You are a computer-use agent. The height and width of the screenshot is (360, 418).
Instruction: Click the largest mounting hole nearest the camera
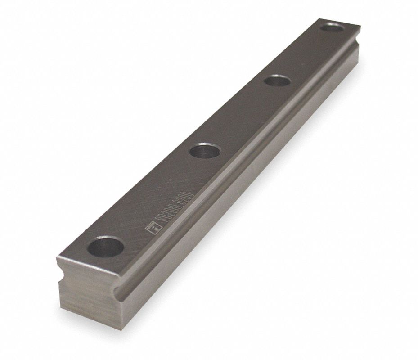click(105, 247)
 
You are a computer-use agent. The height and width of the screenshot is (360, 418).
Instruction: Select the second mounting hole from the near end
click(205, 150)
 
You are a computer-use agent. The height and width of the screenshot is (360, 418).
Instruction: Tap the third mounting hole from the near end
click(277, 81)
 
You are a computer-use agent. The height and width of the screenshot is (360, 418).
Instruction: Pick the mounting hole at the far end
click(332, 27)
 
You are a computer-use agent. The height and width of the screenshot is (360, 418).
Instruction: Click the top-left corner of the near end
click(57, 257)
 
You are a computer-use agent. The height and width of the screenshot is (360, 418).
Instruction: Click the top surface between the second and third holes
click(241, 116)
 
